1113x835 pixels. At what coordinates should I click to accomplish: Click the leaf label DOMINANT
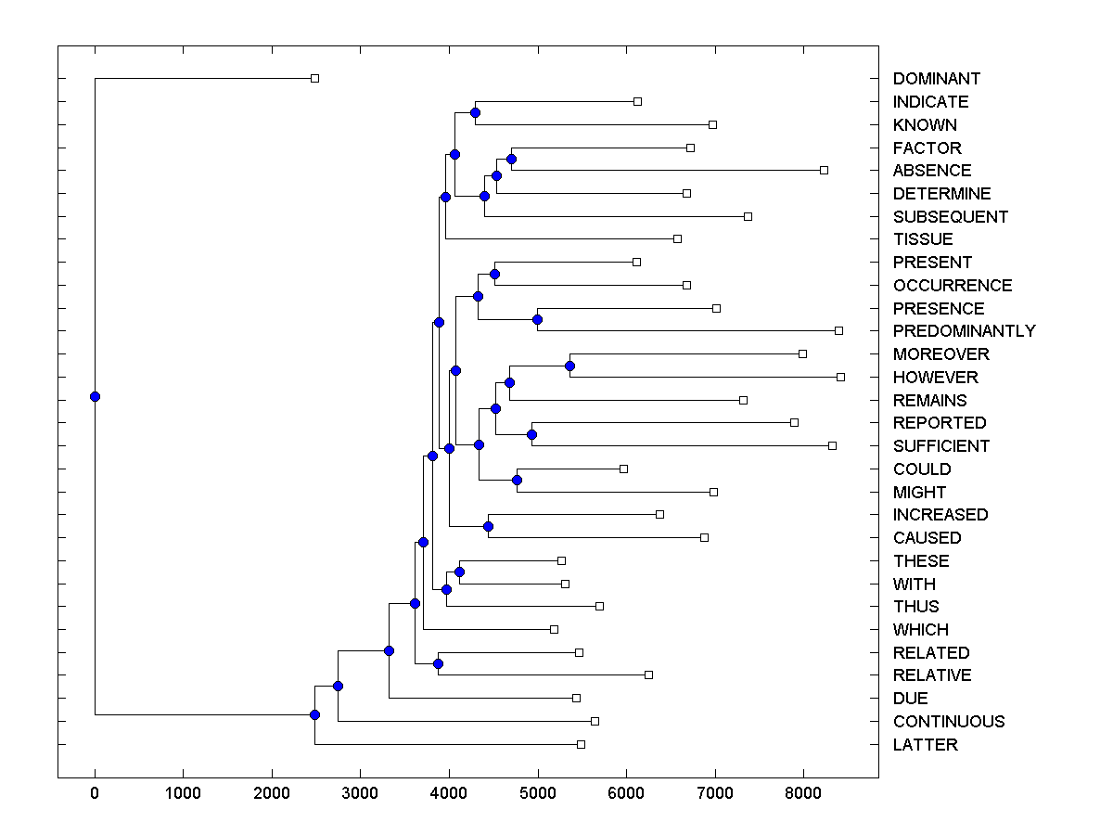coord(936,79)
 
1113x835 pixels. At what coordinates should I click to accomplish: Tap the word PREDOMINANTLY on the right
coord(964,331)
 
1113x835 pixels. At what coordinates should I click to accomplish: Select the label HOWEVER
coord(935,378)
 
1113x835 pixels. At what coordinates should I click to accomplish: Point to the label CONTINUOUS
coord(948,722)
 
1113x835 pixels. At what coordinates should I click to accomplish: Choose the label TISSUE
coord(922,239)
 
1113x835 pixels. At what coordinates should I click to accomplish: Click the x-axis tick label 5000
coord(538,793)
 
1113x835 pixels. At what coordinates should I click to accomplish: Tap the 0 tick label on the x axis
coord(95,793)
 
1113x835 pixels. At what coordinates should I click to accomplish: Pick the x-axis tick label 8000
coord(803,793)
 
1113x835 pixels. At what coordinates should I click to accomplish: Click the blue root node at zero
coord(95,396)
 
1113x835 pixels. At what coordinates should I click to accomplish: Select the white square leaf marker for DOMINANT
coord(314,79)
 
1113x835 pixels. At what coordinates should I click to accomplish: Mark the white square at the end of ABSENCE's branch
coord(824,171)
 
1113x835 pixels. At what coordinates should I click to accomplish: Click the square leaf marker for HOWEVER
coord(840,377)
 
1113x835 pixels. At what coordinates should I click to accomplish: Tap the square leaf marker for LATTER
coord(581,744)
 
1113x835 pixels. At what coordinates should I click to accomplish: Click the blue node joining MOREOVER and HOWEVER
coord(569,366)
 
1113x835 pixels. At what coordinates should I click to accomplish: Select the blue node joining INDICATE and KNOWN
coord(475,112)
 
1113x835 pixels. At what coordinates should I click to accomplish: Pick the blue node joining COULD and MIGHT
coord(517,480)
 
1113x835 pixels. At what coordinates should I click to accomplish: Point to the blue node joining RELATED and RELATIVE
coord(438,663)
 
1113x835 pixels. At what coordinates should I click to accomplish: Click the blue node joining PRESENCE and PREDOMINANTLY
coord(537,319)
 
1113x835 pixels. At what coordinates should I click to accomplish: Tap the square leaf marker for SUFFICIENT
coord(832,445)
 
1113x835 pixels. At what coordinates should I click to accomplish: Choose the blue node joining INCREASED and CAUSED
coord(488,526)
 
